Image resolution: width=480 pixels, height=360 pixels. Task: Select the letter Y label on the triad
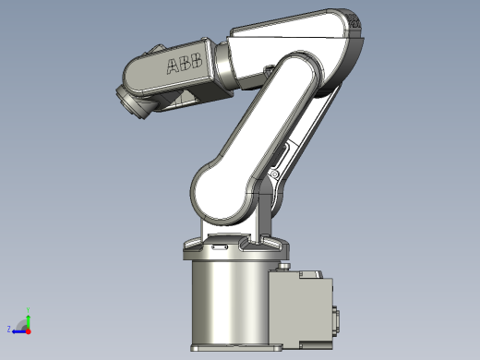coord(28,308)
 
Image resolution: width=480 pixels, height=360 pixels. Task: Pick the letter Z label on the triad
coord(8,329)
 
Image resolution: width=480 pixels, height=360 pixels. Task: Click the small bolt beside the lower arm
coord(274,174)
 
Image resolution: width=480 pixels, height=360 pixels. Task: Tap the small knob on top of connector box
coord(290,266)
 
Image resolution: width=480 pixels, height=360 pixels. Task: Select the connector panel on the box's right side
coord(337,319)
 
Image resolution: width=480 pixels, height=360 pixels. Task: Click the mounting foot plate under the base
coord(235,349)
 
